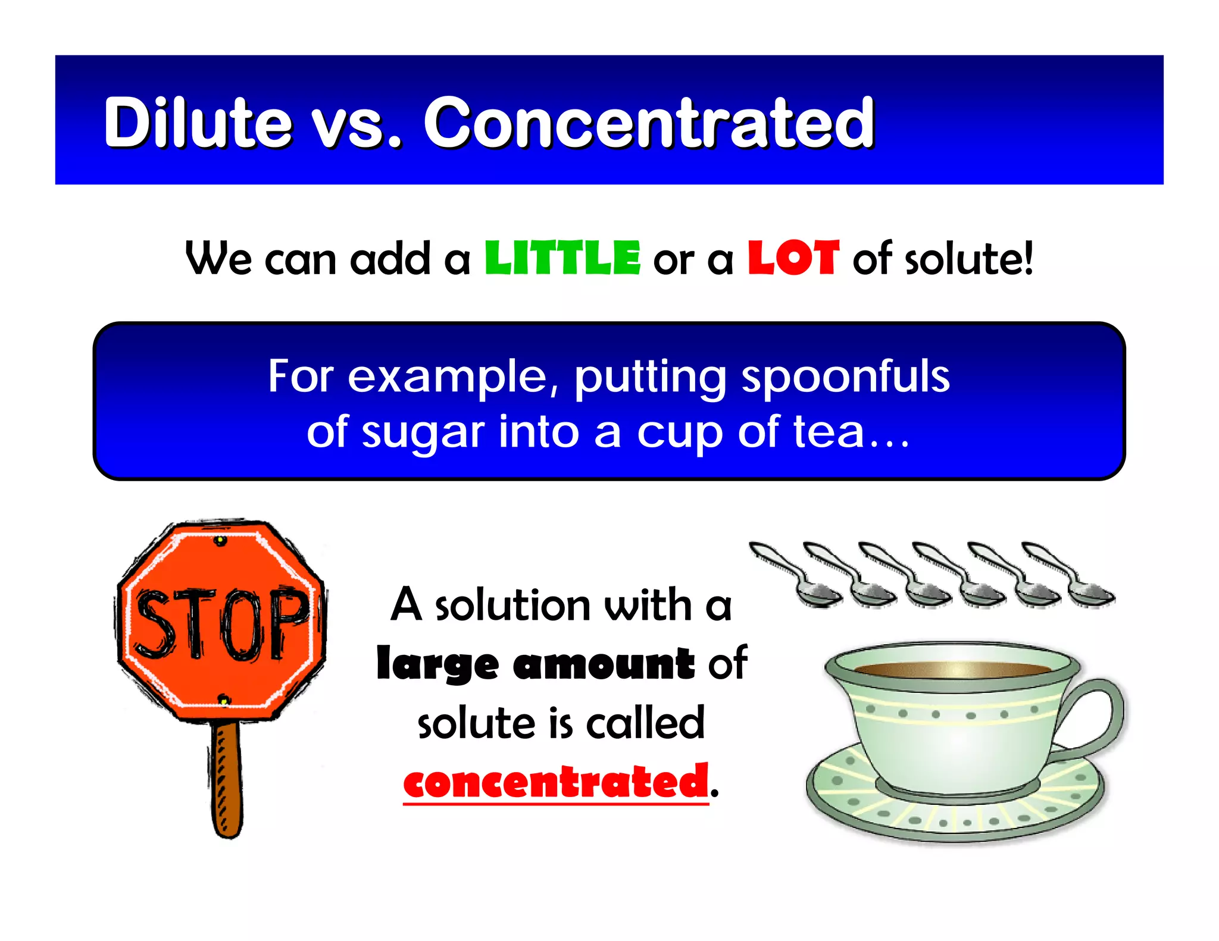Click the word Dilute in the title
(x=197, y=123)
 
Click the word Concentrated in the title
(x=649, y=123)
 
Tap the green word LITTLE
(x=562, y=259)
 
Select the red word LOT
(x=793, y=259)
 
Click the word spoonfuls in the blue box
(x=845, y=377)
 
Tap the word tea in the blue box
(x=827, y=432)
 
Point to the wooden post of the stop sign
(x=227, y=779)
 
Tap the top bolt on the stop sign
(x=220, y=540)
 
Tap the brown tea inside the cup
(x=952, y=669)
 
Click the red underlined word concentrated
(x=556, y=782)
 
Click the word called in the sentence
(x=645, y=723)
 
